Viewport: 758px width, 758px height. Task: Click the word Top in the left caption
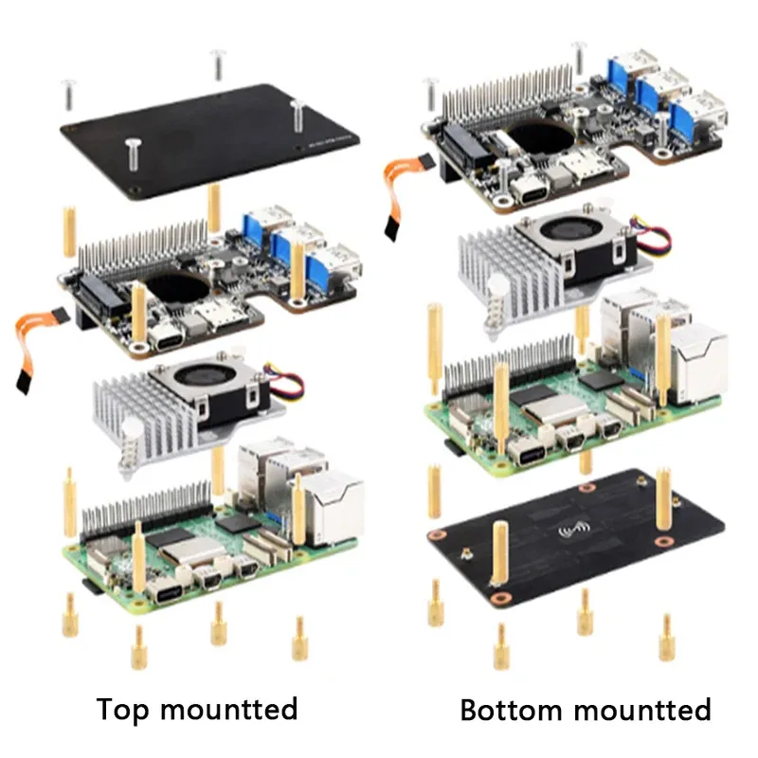[x=124, y=709]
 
